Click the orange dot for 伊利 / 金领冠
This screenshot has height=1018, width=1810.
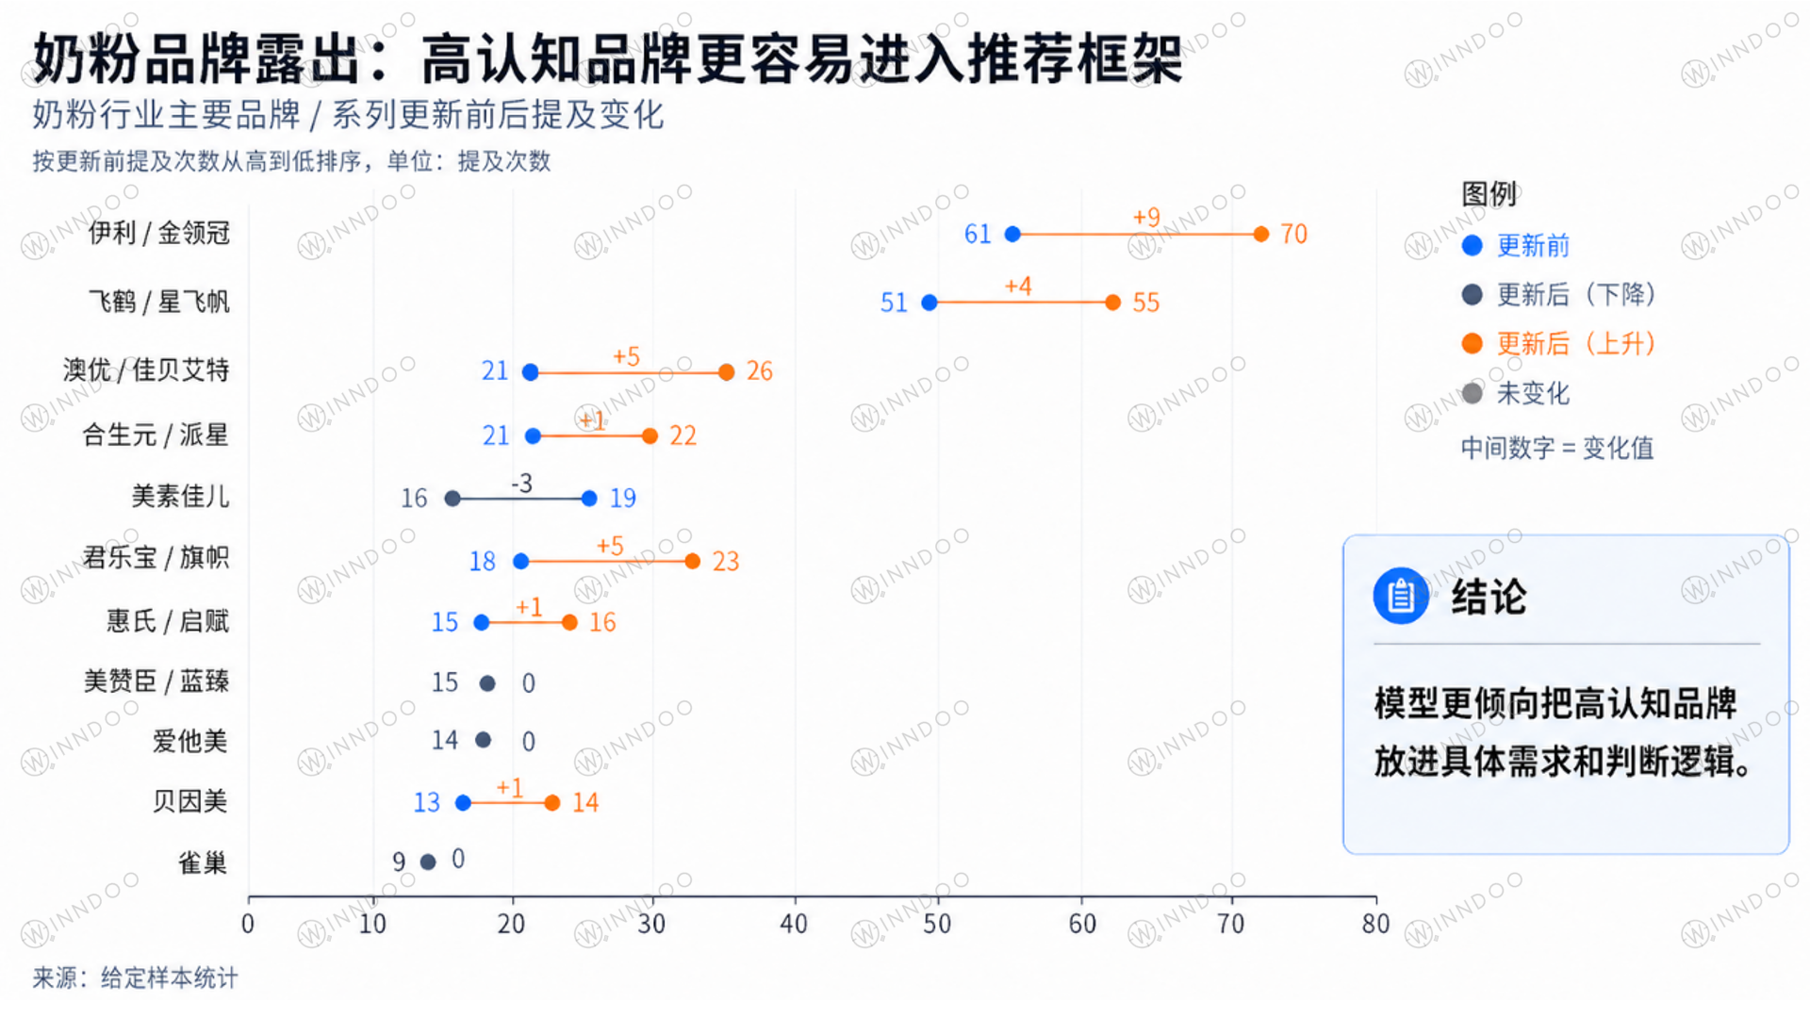pyautogui.click(x=1261, y=234)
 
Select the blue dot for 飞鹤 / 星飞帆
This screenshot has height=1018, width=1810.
pyautogui.click(x=930, y=303)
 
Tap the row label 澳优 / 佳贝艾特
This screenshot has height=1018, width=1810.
pyautogui.click(x=146, y=369)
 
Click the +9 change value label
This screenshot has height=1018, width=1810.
pyautogui.click(x=1146, y=218)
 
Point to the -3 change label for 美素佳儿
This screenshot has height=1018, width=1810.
pyautogui.click(x=521, y=484)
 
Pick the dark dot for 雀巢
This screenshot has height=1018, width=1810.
pyautogui.click(x=428, y=862)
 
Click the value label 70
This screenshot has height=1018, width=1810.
pyautogui.click(x=1293, y=234)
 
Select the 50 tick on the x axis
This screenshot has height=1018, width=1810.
pyautogui.click(x=937, y=924)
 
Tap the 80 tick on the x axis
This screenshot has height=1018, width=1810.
pyautogui.click(x=1375, y=924)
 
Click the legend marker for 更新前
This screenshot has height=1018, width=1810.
pyautogui.click(x=1472, y=246)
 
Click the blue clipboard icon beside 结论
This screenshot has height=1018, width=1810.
pyautogui.click(x=1401, y=596)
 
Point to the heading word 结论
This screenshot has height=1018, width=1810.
pyautogui.click(x=1489, y=597)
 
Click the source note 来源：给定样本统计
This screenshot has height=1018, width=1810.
pyautogui.click(x=135, y=978)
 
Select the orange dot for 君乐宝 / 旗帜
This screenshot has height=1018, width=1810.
pyautogui.click(x=693, y=562)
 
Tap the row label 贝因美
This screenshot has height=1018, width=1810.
pyautogui.click(x=190, y=801)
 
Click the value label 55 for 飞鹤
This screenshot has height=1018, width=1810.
pyautogui.click(x=1145, y=303)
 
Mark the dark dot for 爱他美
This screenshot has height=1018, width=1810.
pyautogui.click(x=484, y=740)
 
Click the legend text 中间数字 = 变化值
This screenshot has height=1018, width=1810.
pyautogui.click(x=1557, y=448)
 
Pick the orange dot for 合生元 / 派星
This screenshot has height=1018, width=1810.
pyautogui.click(x=650, y=435)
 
